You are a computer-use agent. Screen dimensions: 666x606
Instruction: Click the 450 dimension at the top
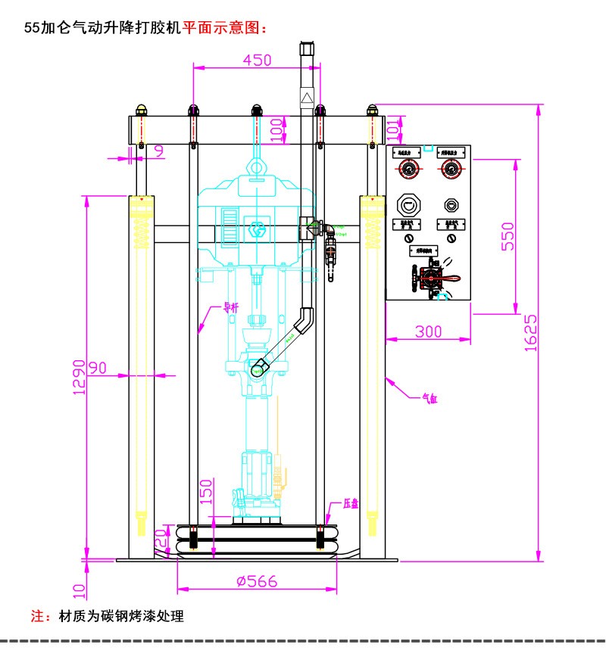[x=257, y=61]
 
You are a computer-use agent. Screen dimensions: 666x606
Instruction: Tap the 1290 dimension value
[x=79, y=376]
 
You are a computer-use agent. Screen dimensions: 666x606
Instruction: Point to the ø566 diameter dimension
[x=256, y=581]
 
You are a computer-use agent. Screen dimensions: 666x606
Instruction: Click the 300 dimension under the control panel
[x=428, y=331]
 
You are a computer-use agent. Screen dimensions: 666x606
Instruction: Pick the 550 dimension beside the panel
[x=508, y=235]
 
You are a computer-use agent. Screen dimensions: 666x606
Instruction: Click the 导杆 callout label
[x=230, y=308]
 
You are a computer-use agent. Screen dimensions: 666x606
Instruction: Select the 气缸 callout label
[x=430, y=399]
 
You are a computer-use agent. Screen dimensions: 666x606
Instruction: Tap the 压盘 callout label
[x=350, y=503]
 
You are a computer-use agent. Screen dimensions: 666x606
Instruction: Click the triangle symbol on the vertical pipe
[x=307, y=98]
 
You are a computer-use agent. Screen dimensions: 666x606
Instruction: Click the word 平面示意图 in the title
[x=225, y=29]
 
